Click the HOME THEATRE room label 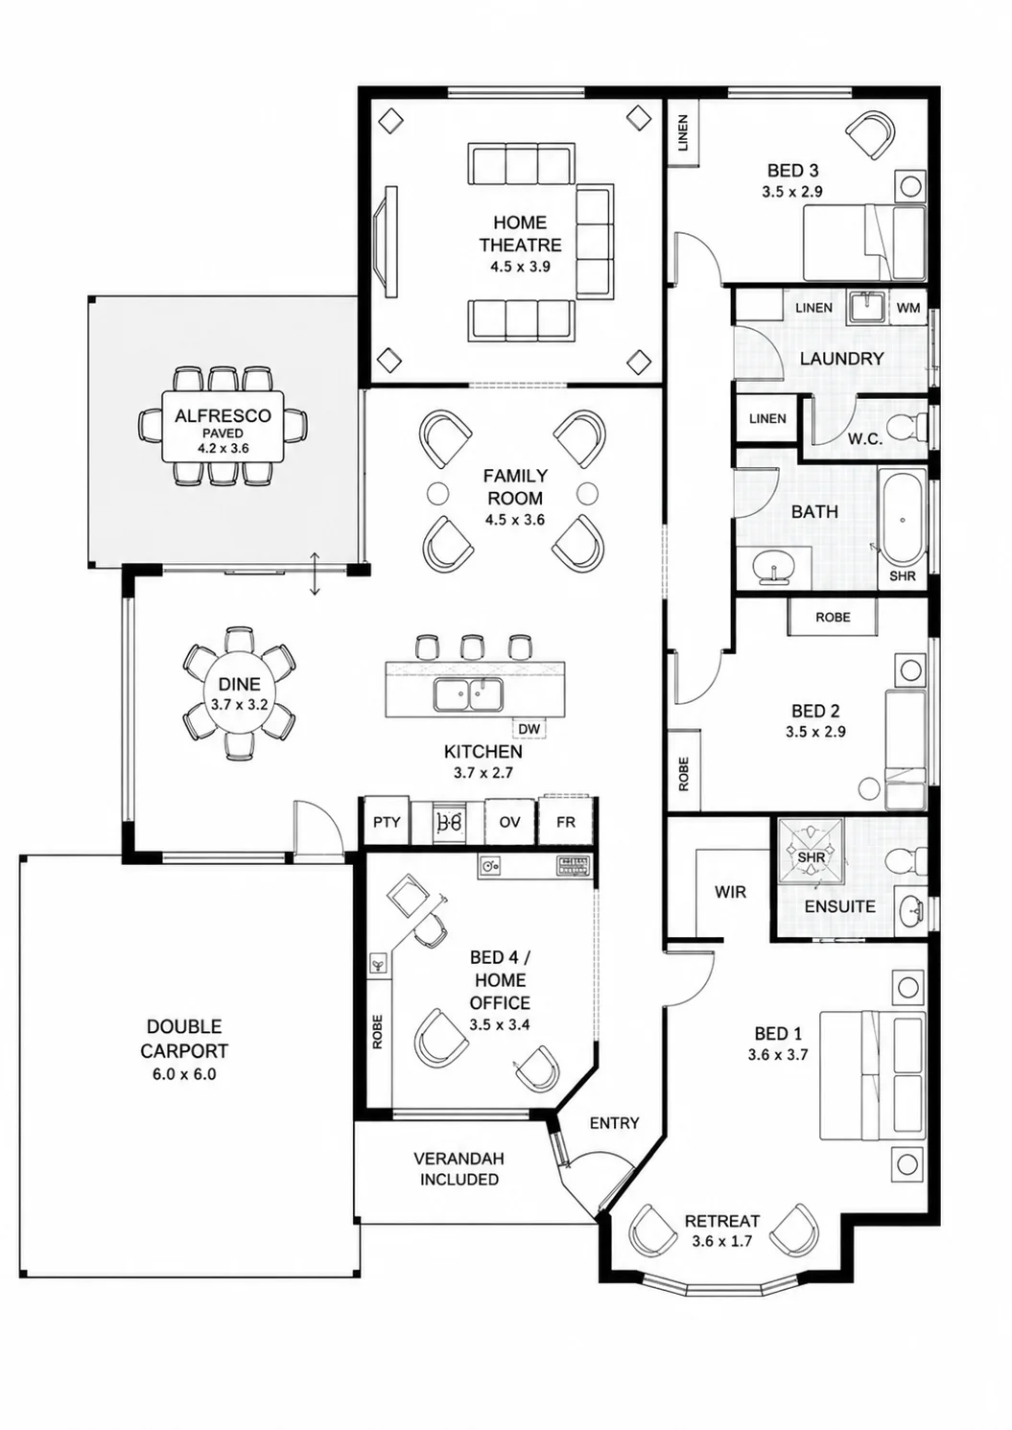tap(520, 234)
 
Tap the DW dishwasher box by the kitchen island tap(530, 728)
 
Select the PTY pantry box tap(387, 821)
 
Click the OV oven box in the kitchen tap(509, 822)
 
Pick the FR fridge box tap(566, 821)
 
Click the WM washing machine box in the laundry tap(908, 308)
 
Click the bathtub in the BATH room tap(903, 519)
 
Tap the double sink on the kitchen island tap(468, 694)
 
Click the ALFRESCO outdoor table tap(224, 426)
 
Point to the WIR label tap(730, 892)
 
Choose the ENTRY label tap(614, 1123)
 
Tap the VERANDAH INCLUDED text tap(459, 1169)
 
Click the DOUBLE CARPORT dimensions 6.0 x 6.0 tap(184, 1074)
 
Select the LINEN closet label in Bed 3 tap(683, 132)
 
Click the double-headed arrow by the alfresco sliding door tap(314, 574)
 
